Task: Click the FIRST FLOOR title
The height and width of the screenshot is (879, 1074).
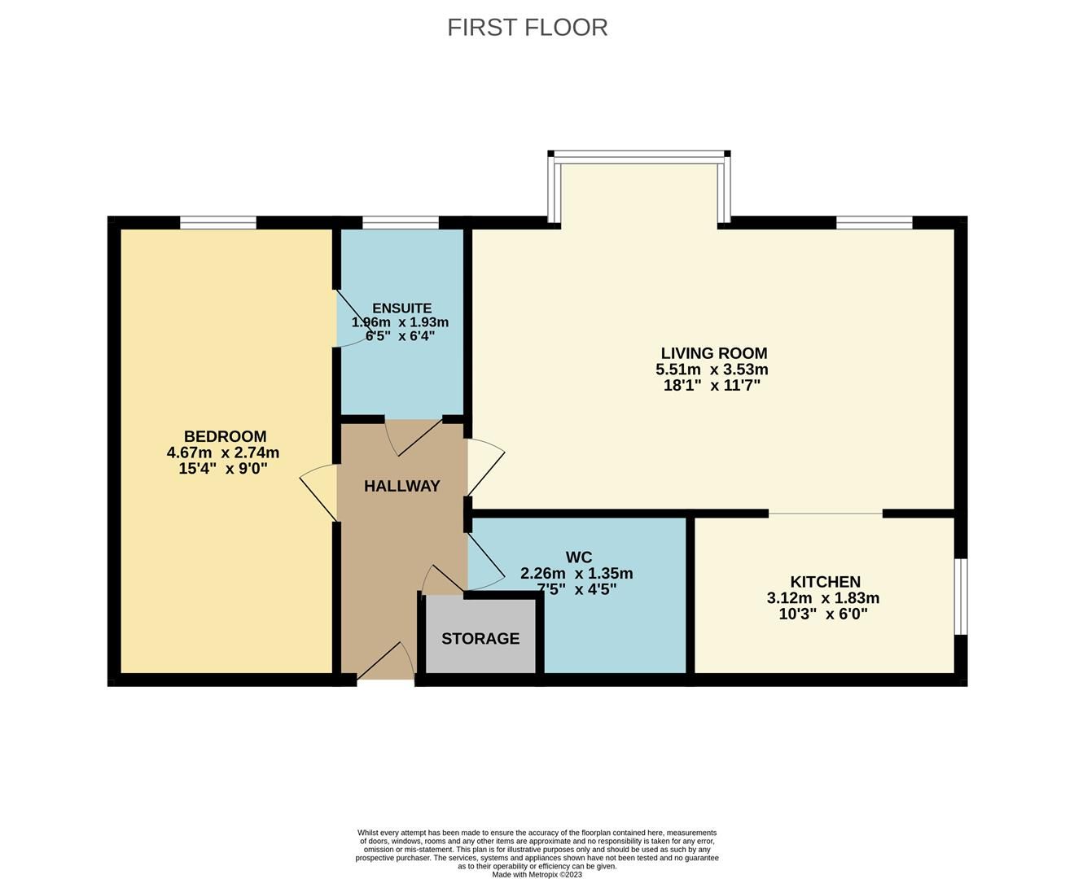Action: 527,27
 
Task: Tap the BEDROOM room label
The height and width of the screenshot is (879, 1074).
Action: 225,436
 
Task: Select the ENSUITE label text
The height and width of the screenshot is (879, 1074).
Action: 401,308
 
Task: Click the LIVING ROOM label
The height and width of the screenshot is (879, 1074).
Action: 713,353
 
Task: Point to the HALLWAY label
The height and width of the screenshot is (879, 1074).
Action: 401,486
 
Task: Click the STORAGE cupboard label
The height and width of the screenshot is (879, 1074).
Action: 480,639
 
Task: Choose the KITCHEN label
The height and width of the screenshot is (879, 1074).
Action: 825,582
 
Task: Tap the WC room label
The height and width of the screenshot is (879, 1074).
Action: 578,558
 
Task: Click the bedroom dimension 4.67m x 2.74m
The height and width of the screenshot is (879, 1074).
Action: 222,453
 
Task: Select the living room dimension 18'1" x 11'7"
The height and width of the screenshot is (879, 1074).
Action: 712,386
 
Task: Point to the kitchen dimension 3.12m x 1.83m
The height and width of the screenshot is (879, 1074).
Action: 822,598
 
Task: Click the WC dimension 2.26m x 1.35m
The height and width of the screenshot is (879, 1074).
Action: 576,573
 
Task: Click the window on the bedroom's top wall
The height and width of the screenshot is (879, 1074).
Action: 218,222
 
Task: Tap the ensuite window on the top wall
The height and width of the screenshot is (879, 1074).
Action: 401,222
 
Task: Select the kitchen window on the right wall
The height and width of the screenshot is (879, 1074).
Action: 961,596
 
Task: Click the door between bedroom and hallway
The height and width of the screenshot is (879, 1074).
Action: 319,492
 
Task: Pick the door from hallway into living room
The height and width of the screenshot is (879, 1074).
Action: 485,468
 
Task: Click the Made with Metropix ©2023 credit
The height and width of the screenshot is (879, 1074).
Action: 537,874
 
